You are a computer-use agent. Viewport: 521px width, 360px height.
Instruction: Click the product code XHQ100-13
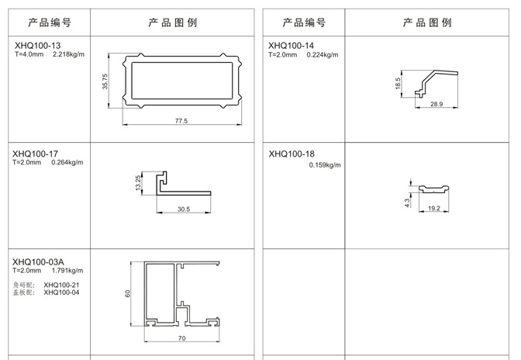[36, 46]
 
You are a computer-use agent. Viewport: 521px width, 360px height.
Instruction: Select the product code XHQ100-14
[292, 46]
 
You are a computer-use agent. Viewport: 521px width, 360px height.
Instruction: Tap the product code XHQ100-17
[36, 154]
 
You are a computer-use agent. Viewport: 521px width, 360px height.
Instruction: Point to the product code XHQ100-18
[292, 154]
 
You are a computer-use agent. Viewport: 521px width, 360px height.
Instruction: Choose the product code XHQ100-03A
[40, 261]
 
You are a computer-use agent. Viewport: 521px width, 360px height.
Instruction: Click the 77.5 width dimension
[181, 121]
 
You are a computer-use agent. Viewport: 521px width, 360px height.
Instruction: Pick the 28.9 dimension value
[436, 104]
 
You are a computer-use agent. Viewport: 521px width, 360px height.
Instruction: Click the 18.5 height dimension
[398, 84]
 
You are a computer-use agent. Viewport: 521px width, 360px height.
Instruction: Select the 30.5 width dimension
[183, 209]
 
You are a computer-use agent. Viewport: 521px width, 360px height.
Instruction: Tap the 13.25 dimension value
[138, 183]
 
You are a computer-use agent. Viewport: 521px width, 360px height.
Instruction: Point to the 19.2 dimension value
[433, 208]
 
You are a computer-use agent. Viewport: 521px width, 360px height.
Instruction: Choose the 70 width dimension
[181, 338]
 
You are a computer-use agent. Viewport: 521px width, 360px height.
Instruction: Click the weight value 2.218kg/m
[68, 54]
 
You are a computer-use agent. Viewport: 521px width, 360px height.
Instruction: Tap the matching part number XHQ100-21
[61, 285]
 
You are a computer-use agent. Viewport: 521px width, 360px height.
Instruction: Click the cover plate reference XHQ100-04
[61, 292]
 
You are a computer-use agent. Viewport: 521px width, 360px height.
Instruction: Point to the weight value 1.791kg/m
[67, 271]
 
